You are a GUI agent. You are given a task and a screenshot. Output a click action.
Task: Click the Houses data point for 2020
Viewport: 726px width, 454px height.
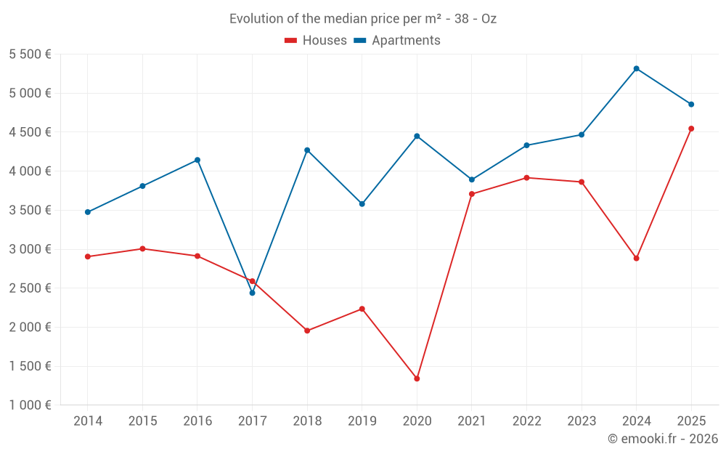(417, 378)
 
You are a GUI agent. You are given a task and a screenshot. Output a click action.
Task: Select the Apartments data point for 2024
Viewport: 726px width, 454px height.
(636, 68)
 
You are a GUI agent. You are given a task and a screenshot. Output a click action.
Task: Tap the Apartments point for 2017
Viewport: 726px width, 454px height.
(252, 293)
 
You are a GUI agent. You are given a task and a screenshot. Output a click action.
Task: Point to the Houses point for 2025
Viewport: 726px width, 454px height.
(691, 129)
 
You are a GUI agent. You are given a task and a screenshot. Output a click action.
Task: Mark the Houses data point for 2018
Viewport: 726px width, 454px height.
(307, 331)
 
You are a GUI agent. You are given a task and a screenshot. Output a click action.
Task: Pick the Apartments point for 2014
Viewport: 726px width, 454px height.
(88, 212)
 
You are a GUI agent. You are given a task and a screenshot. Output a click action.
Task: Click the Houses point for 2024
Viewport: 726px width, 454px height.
(636, 258)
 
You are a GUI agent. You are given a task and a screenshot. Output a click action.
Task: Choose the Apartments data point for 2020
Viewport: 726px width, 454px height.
(417, 136)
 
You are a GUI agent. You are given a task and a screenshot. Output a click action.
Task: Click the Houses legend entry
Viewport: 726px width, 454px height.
(316, 41)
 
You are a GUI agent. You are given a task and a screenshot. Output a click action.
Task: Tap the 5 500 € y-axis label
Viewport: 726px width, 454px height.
(30, 54)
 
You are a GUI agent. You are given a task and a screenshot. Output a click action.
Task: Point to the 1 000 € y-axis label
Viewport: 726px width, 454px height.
(30, 405)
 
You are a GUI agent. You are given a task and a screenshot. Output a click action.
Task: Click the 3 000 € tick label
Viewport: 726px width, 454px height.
(30, 249)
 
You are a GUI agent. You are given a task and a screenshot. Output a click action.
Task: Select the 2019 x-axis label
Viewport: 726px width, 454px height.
(362, 421)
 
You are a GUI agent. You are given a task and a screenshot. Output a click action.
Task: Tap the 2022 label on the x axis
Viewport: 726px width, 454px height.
(526, 421)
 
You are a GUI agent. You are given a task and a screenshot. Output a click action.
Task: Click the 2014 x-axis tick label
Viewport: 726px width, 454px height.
(88, 421)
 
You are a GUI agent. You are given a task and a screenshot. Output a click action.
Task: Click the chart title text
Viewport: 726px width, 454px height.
(363, 19)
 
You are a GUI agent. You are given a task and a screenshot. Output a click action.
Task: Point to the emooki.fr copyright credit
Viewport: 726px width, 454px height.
(662, 439)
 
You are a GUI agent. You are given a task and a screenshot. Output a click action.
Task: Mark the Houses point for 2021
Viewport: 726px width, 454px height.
(472, 194)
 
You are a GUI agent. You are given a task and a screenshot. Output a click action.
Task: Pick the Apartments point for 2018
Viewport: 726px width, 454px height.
(307, 150)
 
